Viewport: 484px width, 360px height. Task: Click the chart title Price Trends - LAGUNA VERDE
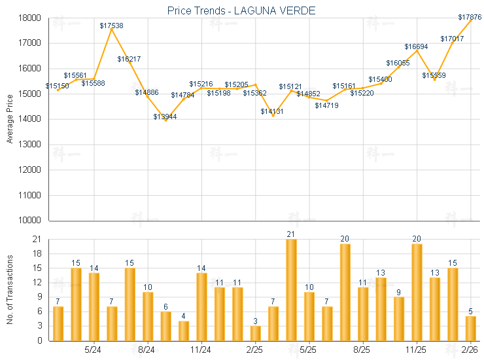[241, 10]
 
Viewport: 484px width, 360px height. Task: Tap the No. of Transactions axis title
[10, 290]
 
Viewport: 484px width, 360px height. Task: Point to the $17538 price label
[111, 26]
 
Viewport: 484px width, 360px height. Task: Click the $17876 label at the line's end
[470, 17]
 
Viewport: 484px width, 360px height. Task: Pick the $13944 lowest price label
[165, 117]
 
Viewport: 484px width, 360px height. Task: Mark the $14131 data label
[272, 112]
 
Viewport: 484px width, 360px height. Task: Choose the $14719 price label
[326, 105]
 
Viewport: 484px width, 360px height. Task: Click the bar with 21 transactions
[291, 290]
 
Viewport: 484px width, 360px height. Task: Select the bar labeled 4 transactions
[184, 331]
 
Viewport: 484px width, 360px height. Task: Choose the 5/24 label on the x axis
[94, 349]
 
